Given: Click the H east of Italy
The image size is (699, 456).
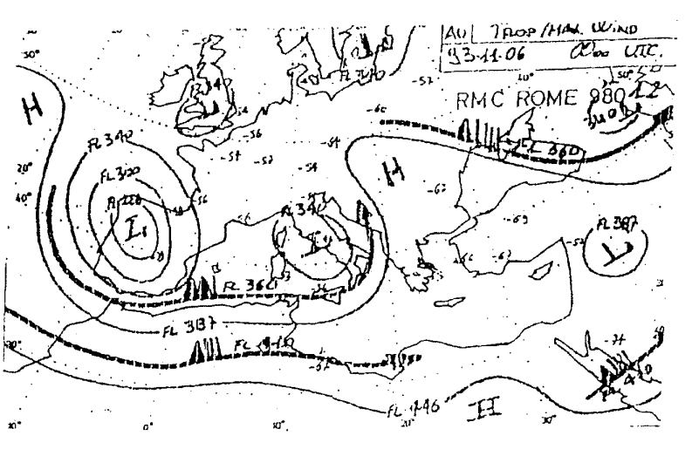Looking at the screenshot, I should tap(394, 180).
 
